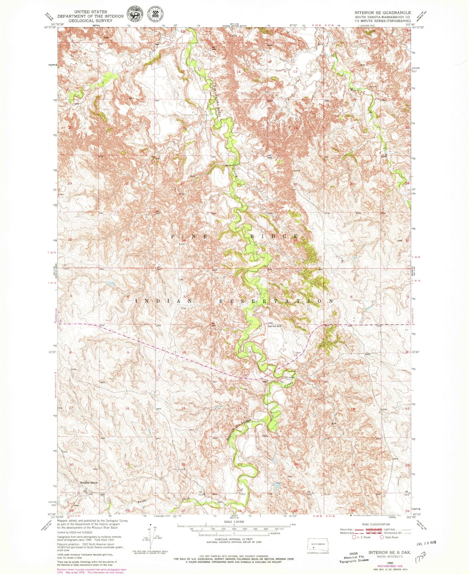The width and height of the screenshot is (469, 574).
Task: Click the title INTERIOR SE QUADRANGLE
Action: click(x=383, y=12)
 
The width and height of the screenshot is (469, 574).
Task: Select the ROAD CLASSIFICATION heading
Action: click(x=374, y=524)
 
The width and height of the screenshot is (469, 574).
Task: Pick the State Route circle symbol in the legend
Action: click(x=382, y=537)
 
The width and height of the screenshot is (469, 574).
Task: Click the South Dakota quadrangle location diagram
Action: click(x=318, y=546)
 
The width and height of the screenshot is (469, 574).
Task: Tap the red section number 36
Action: click(x=295, y=241)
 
